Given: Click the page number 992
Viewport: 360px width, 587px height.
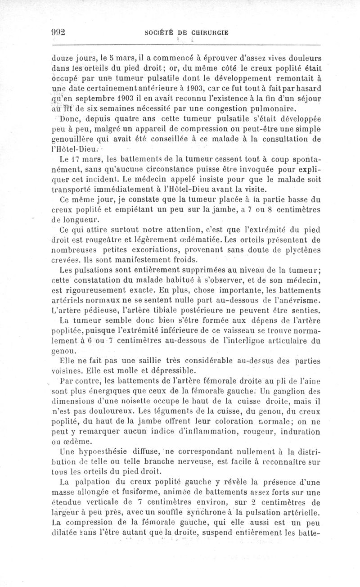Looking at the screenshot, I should (58, 32).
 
